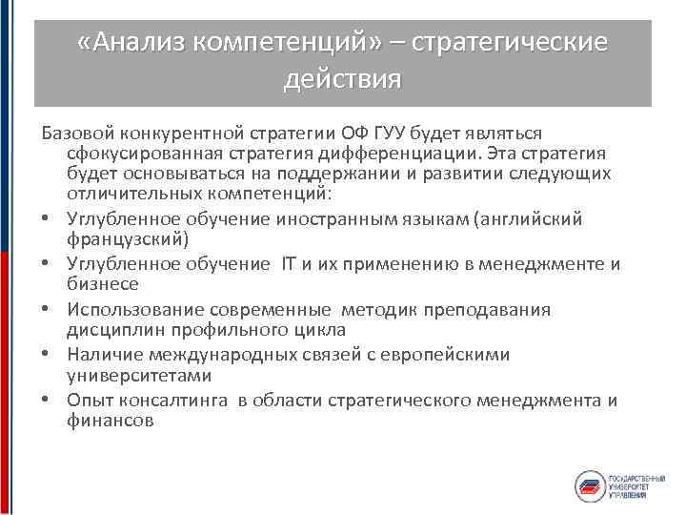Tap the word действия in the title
[342, 77]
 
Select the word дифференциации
[406, 153]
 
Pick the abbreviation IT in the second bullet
[290, 263]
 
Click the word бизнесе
[103, 282]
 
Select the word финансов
[110, 420]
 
